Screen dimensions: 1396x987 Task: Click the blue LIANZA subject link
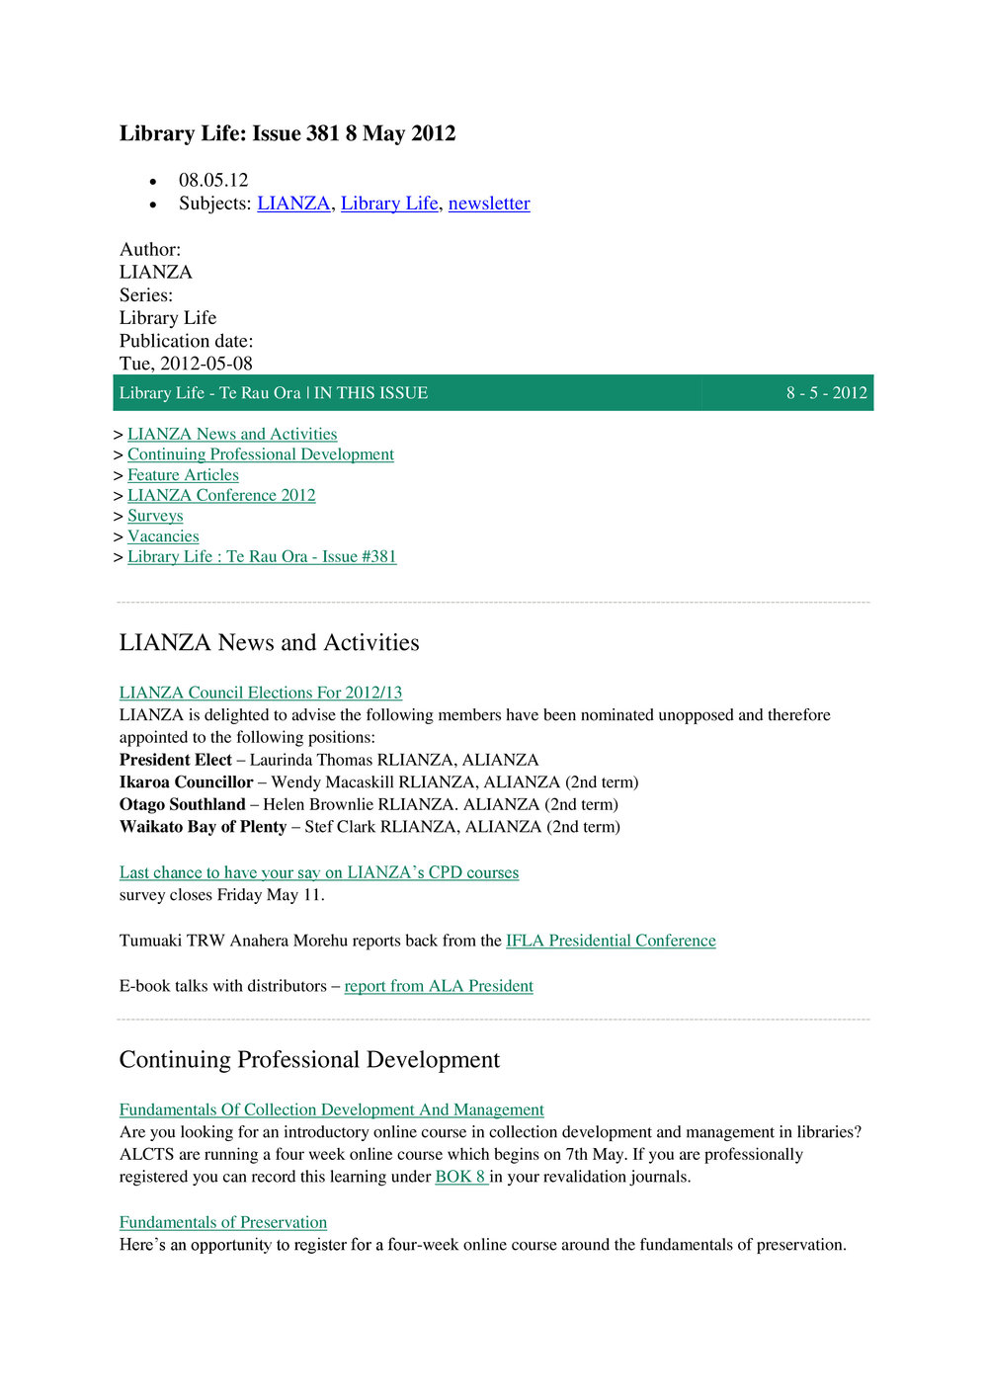pos(293,204)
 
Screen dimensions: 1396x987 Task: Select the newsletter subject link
pos(489,204)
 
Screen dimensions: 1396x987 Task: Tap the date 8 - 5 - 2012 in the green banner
pos(826,393)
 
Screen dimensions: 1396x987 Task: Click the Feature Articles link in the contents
pos(183,475)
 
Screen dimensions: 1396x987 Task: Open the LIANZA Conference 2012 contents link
pos(221,496)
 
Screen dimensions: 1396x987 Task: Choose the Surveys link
pos(155,516)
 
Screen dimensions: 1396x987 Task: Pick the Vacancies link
pos(163,536)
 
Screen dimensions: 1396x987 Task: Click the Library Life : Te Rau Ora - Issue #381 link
pos(262,557)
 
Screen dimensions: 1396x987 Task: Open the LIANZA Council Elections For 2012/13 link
pos(261,693)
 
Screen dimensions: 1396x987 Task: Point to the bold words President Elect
pos(175,760)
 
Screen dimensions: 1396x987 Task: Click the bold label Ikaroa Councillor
pos(186,782)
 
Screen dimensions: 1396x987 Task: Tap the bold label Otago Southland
pos(182,804)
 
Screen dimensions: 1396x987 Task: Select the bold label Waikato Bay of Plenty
pos(203,827)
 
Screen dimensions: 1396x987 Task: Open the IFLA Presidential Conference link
pos(611,941)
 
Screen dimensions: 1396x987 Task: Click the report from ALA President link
pos(439,986)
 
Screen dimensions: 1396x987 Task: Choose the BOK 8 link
pos(461,1177)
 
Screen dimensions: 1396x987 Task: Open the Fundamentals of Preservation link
pos(223,1222)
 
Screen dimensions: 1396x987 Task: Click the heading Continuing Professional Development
pos(309,1060)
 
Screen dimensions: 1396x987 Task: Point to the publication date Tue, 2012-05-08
pos(186,364)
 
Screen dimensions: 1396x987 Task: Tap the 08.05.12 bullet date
pos(213,181)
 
